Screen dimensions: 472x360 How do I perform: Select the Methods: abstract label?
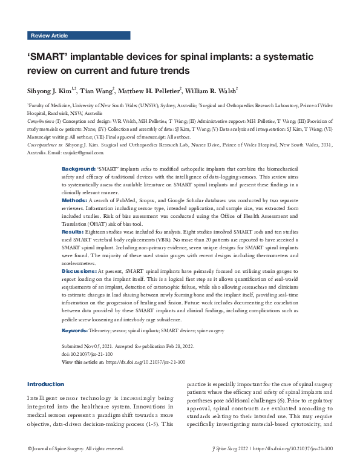(x=76, y=200)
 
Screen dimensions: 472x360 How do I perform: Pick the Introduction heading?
(x=46, y=384)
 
